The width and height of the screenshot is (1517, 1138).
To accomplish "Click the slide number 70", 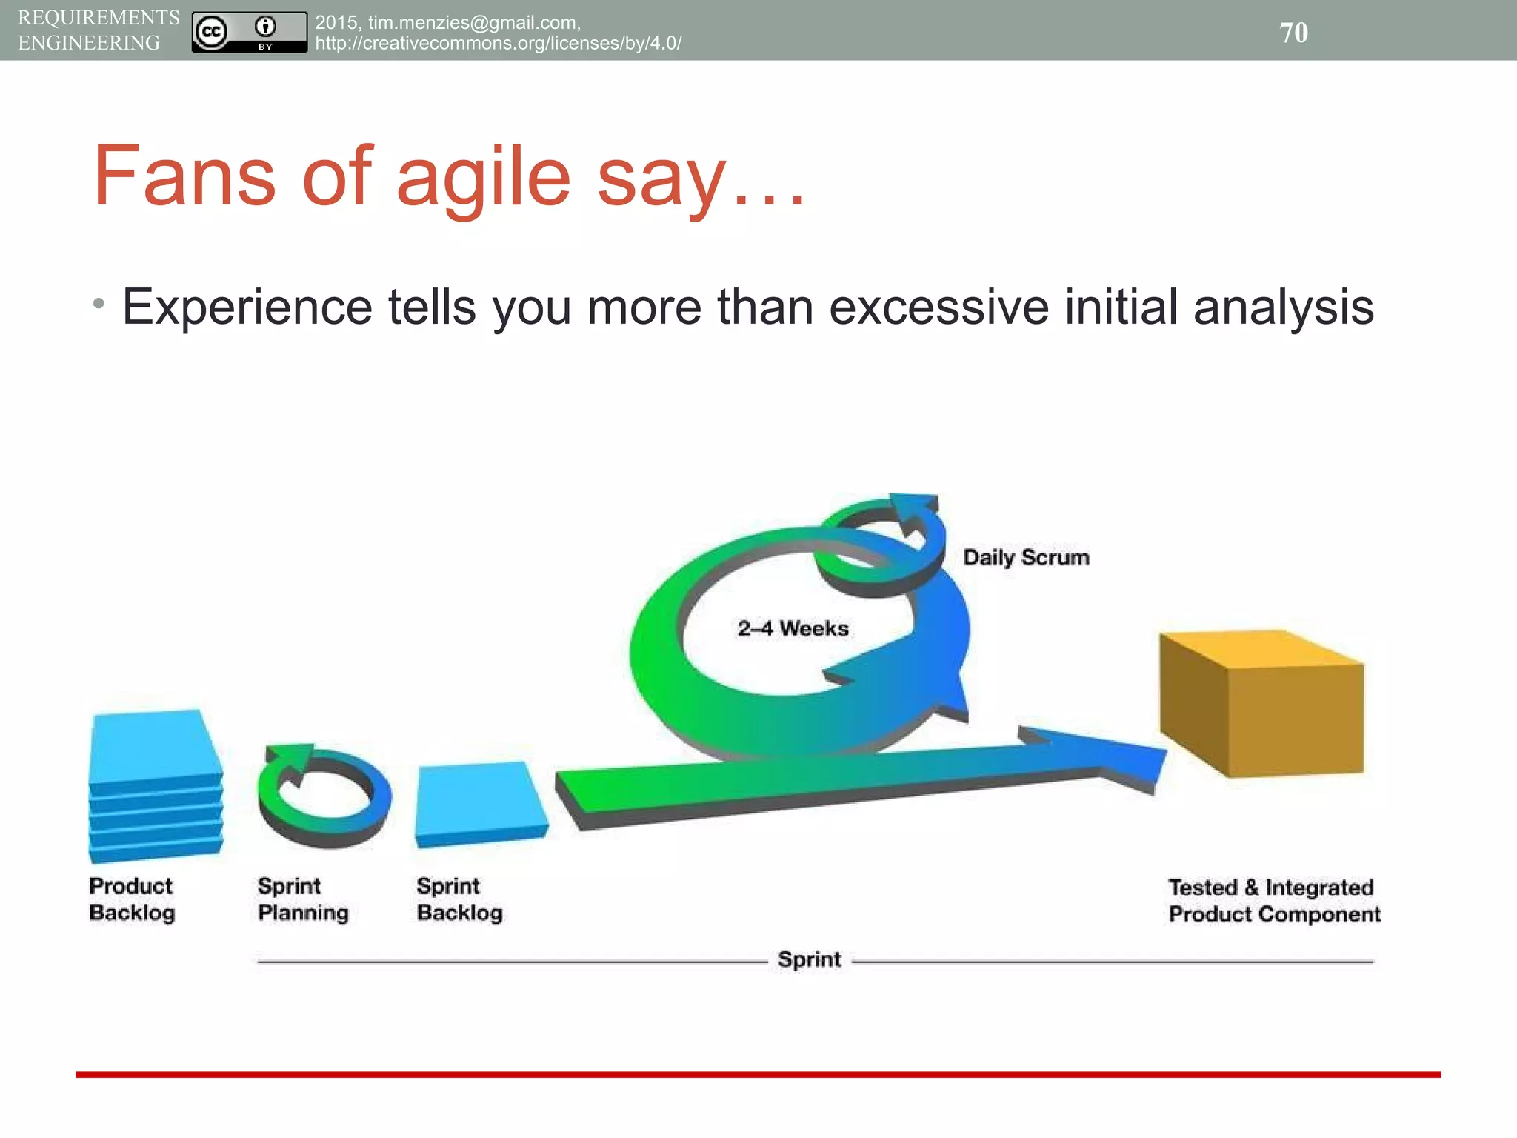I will [x=1293, y=33].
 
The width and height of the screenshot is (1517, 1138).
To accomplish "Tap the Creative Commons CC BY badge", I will [x=249, y=32].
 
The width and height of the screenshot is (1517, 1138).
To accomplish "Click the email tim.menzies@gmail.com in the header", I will [x=473, y=23].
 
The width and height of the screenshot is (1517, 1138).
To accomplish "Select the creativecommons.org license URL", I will [x=498, y=43].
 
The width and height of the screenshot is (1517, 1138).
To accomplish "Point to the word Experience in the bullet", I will [x=247, y=307].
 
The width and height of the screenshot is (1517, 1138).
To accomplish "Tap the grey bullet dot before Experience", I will [x=99, y=304].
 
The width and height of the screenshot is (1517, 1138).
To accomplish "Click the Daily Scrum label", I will [x=1026, y=557].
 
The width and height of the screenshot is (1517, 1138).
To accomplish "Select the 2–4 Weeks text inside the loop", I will [x=793, y=628].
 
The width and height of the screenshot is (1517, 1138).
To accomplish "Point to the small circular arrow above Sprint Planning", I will [x=324, y=796].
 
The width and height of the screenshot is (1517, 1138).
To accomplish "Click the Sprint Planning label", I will [x=302, y=899].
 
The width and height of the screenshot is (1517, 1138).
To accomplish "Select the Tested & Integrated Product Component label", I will [x=1273, y=901].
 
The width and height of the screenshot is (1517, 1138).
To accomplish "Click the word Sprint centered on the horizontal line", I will [x=809, y=959].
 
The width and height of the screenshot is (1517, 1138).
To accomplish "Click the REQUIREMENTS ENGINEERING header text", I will [x=98, y=30].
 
